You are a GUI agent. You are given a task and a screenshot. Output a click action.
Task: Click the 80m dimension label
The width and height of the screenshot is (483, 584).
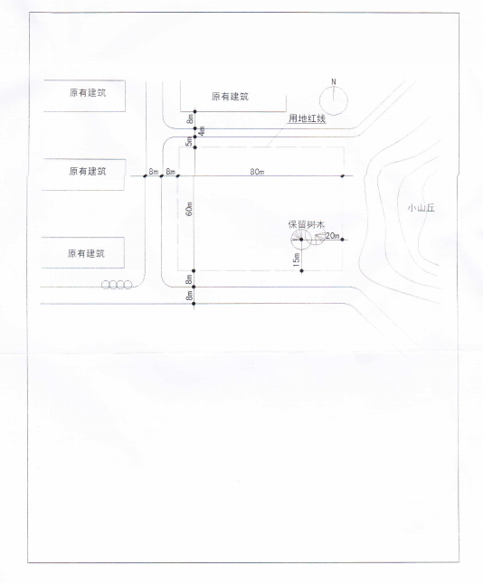coord(257,172)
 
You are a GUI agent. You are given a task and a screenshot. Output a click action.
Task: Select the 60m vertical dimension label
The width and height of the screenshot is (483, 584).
coord(189,209)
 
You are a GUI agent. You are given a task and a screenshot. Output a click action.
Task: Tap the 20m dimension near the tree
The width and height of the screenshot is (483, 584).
coord(333,236)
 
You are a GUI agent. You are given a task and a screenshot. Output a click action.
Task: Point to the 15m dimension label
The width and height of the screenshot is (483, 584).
coord(297,259)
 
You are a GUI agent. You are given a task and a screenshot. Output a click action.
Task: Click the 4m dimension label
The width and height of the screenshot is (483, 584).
coord(202,131)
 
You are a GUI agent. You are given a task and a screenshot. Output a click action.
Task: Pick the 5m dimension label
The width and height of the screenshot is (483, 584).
coord(189,141)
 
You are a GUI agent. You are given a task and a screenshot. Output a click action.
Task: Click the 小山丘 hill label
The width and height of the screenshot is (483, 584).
coord(421,208)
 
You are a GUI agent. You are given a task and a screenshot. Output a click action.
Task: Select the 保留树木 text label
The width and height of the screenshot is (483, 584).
coord(307,224)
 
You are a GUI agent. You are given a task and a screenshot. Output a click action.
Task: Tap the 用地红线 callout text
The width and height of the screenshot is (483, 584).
coord(308,118)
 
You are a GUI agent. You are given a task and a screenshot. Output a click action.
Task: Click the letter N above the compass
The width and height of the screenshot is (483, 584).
coord(334,81)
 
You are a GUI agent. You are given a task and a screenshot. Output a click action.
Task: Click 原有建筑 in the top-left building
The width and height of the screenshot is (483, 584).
coord(88,93)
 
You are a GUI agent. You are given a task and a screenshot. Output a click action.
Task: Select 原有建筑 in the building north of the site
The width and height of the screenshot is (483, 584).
coord(230,97)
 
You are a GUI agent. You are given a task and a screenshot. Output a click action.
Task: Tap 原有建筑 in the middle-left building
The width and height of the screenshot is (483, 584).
coord(88,172)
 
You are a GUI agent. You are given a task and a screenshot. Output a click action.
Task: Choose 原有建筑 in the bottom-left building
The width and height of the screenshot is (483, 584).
coord(86,254)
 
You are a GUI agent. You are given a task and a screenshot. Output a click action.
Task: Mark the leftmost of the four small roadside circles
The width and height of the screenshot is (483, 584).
coord(106,285)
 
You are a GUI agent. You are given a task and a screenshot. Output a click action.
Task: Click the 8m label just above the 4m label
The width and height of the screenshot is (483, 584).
coord(191,119)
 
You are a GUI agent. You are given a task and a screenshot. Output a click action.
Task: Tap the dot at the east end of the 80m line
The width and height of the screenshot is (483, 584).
coord(343,175)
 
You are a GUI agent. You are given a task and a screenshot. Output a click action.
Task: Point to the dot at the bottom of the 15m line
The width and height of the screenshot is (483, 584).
coord(301,271)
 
